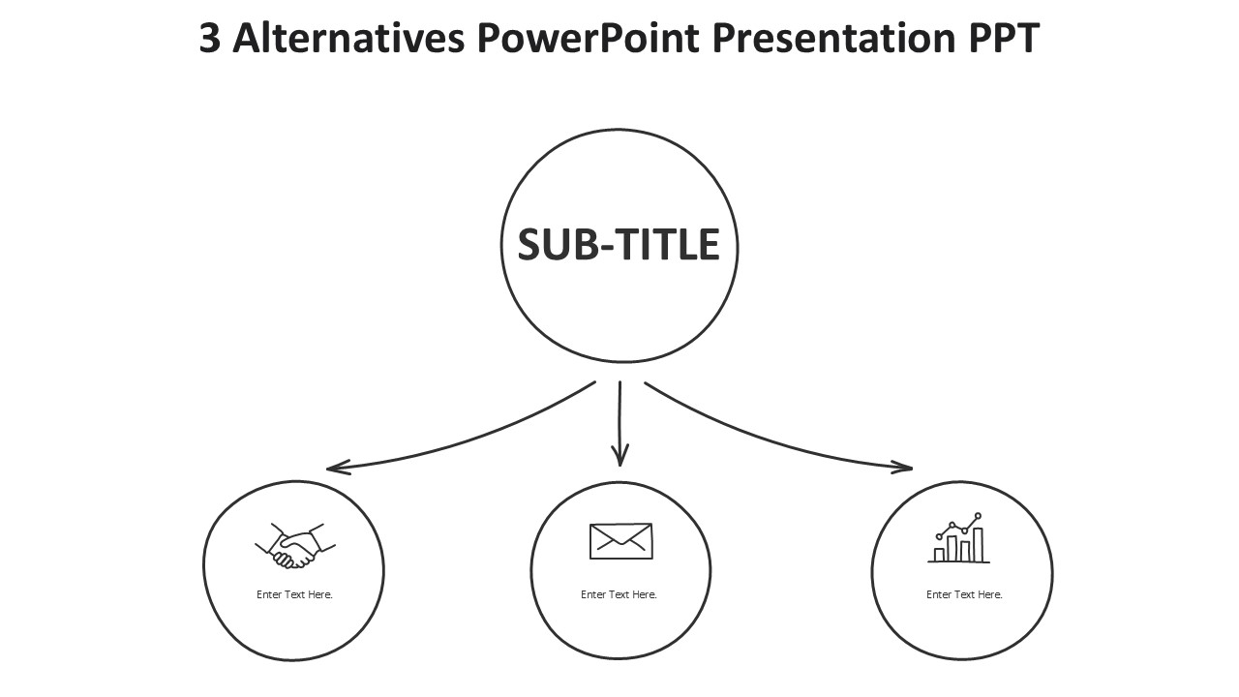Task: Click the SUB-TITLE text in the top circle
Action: point(619,245)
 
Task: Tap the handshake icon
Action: point(294,546)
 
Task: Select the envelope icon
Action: point(620,541)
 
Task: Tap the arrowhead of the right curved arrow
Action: point(906,468)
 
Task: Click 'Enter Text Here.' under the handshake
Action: point(294,594)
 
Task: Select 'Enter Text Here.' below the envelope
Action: point(619,594)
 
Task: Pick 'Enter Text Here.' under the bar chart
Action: point(964,594)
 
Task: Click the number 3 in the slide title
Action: point(209,39)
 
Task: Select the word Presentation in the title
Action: point(834,39)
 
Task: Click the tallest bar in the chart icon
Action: point(978,544)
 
